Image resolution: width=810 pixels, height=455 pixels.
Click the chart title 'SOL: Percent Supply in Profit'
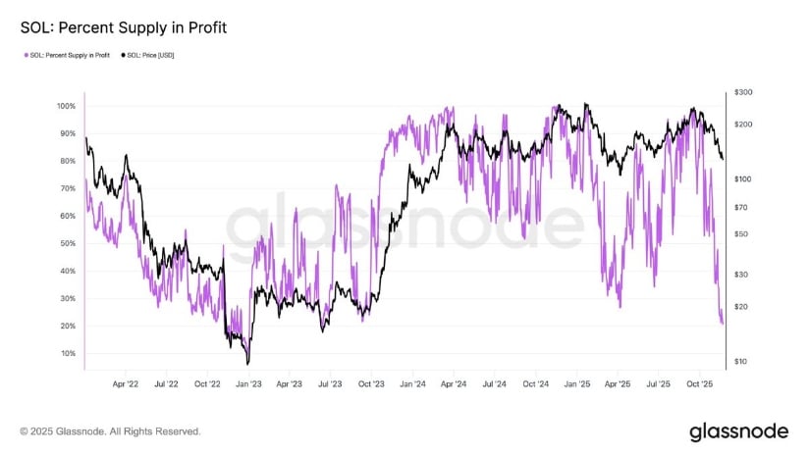point(124,27)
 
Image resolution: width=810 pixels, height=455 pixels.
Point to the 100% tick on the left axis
point(66,106)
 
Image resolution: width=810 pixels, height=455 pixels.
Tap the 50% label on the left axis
point(68,243)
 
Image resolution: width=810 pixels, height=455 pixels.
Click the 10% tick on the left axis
point(68,353)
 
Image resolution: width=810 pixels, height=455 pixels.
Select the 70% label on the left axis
point(68,188)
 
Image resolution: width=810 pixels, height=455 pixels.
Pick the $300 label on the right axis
point(742,92)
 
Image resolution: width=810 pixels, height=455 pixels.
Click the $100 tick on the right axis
point(742,178)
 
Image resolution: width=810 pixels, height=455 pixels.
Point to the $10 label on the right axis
point(740,362)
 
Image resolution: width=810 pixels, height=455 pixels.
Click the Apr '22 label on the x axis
point(126,385)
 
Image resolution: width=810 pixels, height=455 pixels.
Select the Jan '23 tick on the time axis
point(249,385)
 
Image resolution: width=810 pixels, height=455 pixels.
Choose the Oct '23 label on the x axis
point(372,385)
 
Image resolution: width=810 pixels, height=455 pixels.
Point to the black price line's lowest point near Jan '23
point(247,363)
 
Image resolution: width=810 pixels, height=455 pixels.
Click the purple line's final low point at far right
point(723,323)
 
